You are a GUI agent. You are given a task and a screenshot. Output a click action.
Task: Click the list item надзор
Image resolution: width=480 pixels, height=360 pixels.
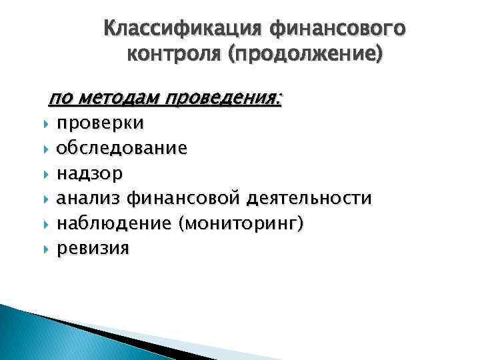tap(89, 174)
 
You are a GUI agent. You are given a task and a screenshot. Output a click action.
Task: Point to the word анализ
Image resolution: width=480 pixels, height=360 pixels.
tap(89, 199)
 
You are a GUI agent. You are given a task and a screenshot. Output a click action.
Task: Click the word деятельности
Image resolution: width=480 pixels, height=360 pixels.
tap(310, 199)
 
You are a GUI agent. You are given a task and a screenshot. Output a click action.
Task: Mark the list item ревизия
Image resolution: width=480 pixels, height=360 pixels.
tap(93, 249)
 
